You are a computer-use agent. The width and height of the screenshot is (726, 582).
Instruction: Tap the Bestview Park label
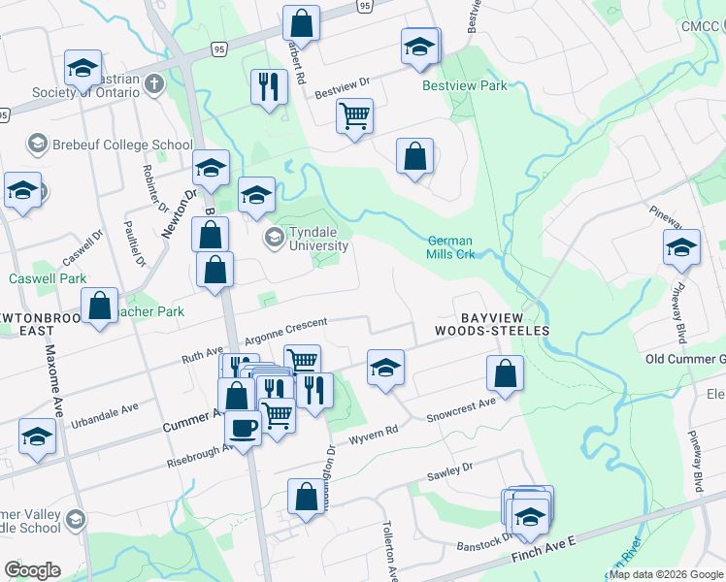[465, 85]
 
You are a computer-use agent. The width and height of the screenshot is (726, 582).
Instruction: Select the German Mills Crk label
[450, 247]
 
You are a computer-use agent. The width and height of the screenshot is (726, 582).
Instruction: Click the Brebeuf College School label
[110, 145]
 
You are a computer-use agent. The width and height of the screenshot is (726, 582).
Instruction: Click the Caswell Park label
[49, 278]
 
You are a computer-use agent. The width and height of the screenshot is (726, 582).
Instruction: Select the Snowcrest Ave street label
[460, 407]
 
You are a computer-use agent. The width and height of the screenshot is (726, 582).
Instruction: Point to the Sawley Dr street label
[449, 472]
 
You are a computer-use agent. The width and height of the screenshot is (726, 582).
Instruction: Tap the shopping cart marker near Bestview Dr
[354, 115]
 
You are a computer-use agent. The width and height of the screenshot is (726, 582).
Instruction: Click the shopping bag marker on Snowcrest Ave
[505, 372]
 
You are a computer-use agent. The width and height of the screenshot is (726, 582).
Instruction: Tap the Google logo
[32, 570]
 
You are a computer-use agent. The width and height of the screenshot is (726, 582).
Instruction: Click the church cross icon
[153, 84]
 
